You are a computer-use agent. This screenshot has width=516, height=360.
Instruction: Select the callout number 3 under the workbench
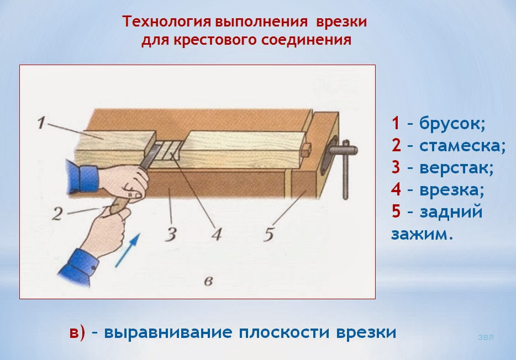point(171,235)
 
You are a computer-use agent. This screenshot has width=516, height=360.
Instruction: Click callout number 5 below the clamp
point(268,235)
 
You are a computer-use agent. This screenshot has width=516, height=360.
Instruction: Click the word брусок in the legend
point(452,123)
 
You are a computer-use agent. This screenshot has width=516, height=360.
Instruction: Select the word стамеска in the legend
point(462,146)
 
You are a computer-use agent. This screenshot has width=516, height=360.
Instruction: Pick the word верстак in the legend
point(456,168)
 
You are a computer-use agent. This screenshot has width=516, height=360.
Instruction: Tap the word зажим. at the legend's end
point(422,234)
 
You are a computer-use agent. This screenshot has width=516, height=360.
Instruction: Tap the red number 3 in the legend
point(396,168)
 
